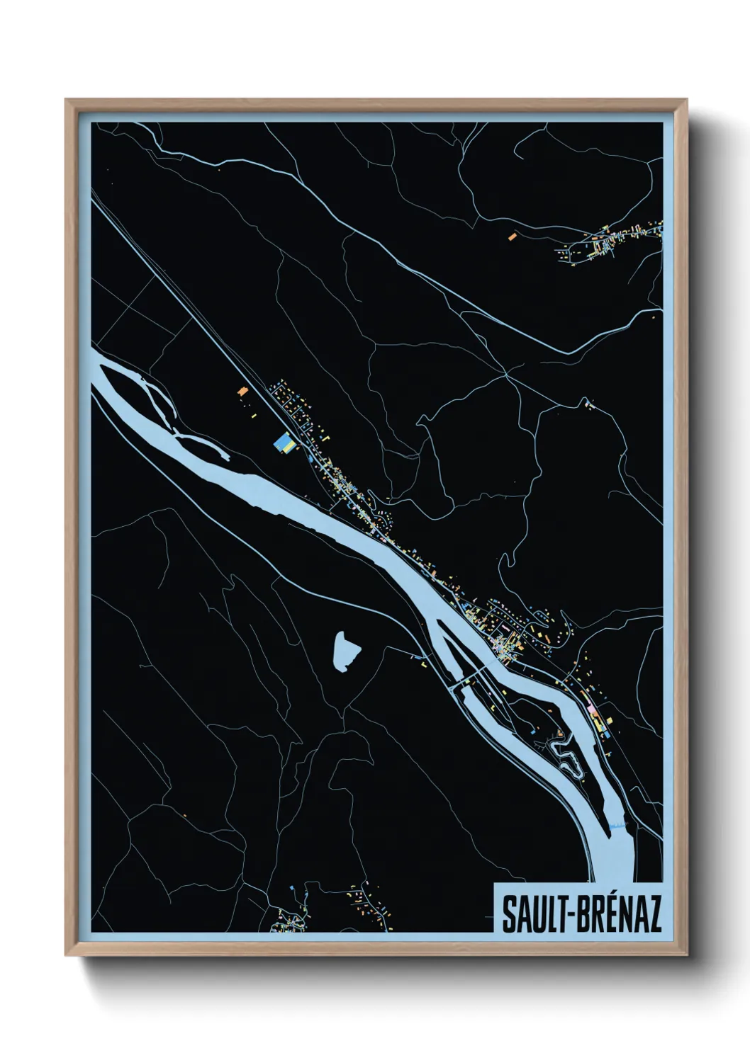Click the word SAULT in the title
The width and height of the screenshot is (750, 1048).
529,914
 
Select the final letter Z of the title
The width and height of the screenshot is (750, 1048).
653,914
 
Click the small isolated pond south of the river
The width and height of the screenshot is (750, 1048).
345,651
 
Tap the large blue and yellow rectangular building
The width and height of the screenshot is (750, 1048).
285,443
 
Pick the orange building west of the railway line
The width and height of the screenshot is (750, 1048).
243,391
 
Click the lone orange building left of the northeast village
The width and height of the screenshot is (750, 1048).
512,237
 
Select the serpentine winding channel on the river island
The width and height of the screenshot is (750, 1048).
567,756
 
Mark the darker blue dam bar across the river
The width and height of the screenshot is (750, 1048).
617,826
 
